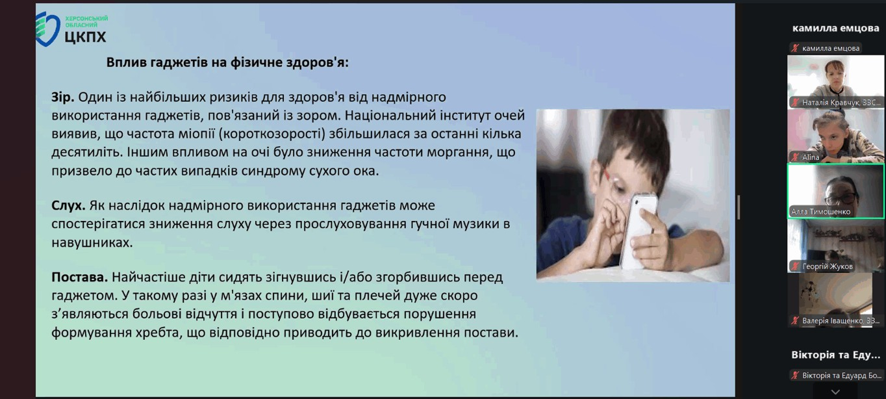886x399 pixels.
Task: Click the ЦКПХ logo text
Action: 86,37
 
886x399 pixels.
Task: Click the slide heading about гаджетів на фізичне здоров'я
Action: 227,62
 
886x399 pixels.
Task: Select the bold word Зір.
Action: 62,97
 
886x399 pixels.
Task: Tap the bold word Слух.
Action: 68,205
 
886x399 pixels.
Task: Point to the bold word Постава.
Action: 79,277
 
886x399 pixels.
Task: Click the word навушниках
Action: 92,242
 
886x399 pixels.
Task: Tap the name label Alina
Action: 811,157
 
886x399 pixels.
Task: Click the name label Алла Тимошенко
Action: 820,212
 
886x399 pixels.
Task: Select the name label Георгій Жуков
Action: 827,266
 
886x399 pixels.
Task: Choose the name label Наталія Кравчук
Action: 831,103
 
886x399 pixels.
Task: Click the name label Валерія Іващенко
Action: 832,320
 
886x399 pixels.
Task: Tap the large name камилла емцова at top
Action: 835,28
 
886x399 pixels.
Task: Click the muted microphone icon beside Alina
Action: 795,157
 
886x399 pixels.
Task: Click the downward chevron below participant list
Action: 835,392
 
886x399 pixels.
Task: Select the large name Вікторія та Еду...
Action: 835,355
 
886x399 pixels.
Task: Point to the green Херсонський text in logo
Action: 86,18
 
